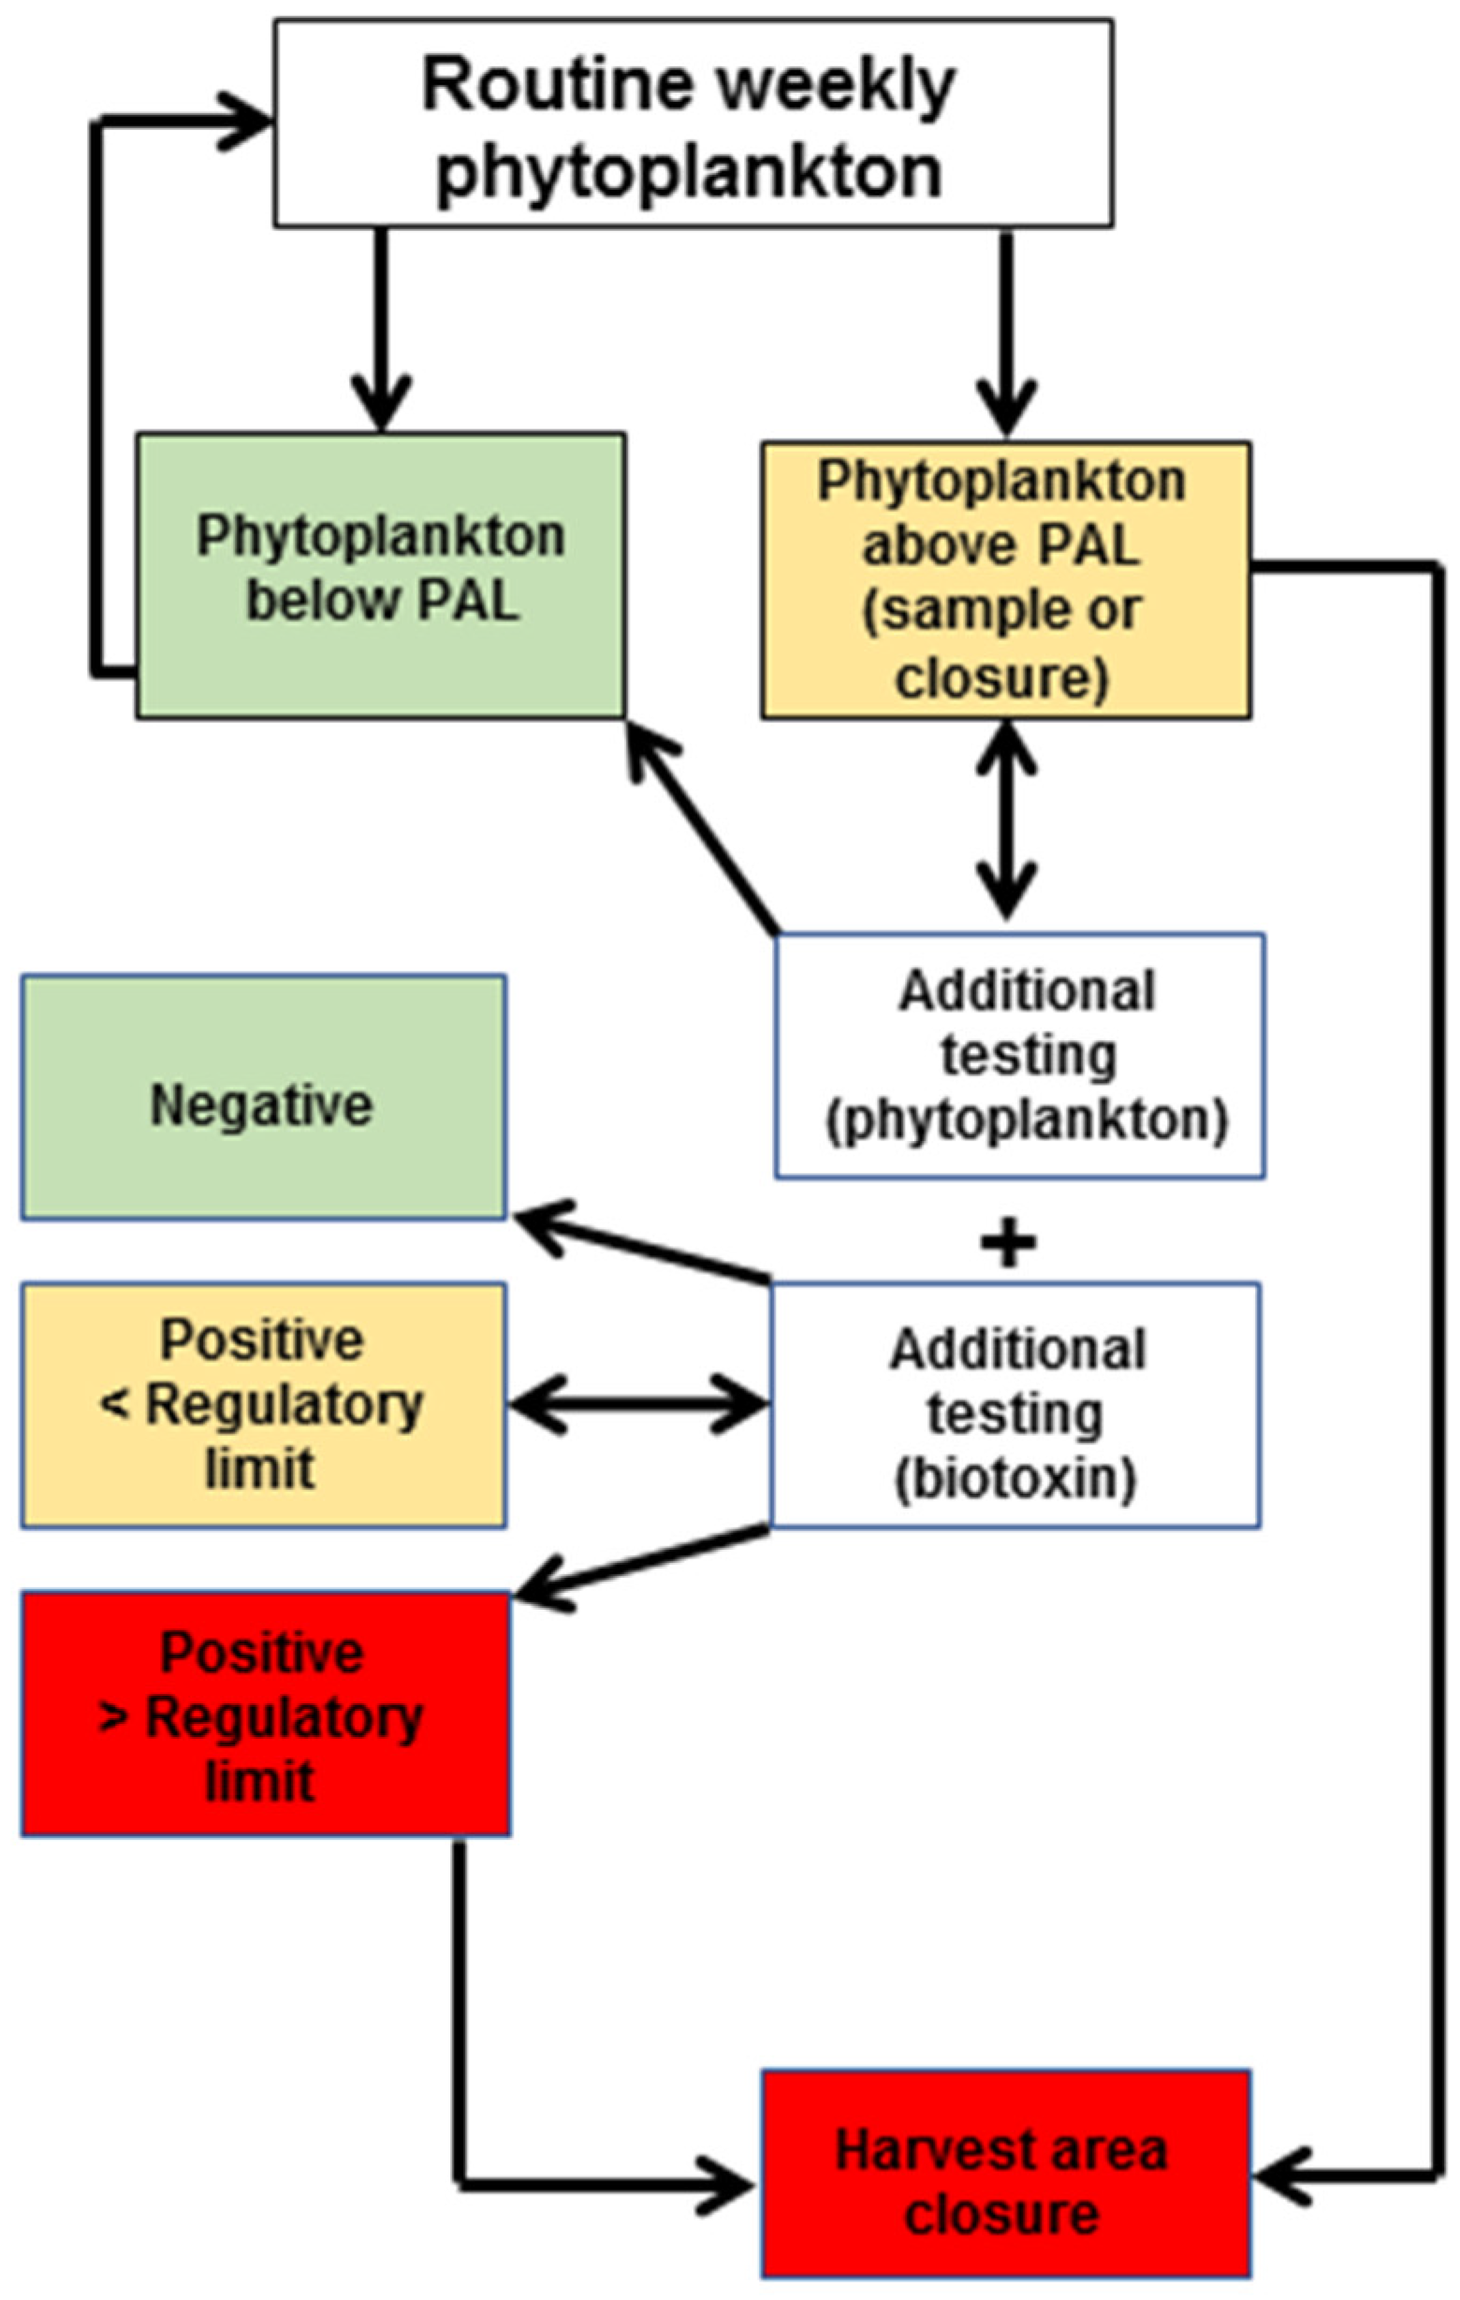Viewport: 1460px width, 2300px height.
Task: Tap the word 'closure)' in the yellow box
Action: tap(1001, 678)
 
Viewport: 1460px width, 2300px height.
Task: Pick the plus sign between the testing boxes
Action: tap(1008, 1244)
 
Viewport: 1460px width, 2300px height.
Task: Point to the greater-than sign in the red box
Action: tap(112, 1717)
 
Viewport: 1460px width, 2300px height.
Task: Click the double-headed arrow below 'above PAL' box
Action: tap(1006, 819)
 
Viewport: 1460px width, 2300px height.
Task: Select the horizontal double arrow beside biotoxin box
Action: tap(638, 1404)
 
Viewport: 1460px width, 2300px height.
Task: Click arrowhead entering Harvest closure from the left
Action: tap(731, 2184)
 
